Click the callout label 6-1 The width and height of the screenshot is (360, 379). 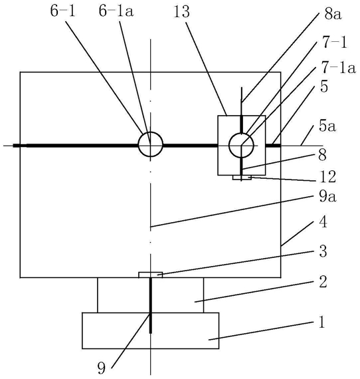click(63, 11)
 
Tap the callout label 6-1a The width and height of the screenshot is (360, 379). click(116, 11)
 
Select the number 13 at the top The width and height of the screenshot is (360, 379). click(181, 11)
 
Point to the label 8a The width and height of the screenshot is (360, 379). click(333, 14)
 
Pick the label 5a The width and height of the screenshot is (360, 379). click(327, 126)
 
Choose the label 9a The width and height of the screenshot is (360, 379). click(327, 197)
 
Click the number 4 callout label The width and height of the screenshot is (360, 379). click(323, 221)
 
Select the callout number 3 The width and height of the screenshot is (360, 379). click(323, 251)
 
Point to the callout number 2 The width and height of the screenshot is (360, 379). click(323, 281)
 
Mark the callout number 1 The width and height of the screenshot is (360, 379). click(321, 322)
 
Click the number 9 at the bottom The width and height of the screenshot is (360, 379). click(102, 368)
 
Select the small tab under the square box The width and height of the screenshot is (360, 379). click(242, 178)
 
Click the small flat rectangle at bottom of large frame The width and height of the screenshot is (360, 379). click(150, 275)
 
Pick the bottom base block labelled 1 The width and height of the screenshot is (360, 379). click(151, 330)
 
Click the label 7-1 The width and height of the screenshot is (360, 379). click(334, 43)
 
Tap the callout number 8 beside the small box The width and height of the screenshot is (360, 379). click(322, 155)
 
